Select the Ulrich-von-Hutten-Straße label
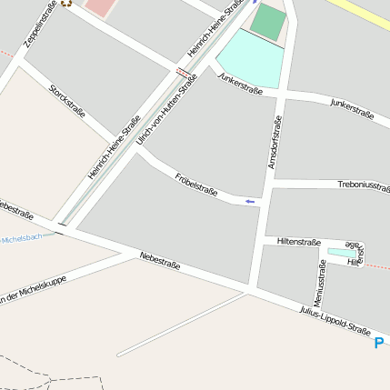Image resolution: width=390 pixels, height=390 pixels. tap(166, 110)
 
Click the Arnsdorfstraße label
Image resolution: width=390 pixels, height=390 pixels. tap(275, 140)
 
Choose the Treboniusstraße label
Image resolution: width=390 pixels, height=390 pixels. tap(363, 185)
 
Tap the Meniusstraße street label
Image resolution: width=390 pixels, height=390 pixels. tap(319, 283)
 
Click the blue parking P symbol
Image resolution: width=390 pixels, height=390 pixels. tap(379, 343)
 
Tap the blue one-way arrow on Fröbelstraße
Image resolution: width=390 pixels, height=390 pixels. tap(250, 201)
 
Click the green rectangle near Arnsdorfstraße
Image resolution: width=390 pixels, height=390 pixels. tap(267, 22)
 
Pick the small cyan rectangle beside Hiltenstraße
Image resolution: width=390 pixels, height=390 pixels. tap(342, 252)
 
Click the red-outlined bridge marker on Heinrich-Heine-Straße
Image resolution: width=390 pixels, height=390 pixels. tap(185, 71)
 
